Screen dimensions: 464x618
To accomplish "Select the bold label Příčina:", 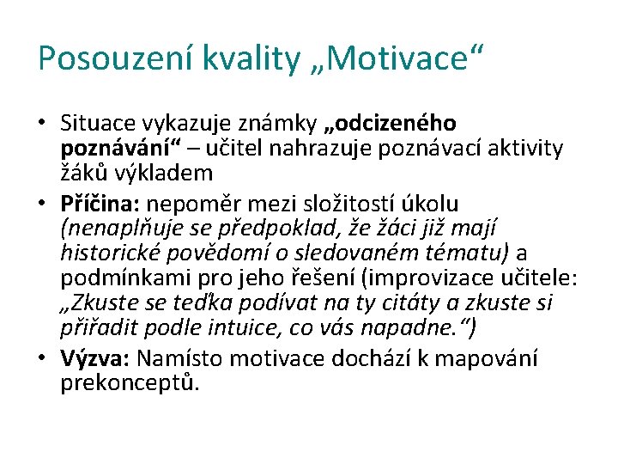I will coord(101,204).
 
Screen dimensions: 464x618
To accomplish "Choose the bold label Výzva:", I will coord(94,358).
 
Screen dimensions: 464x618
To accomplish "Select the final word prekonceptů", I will coord(129,383).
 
